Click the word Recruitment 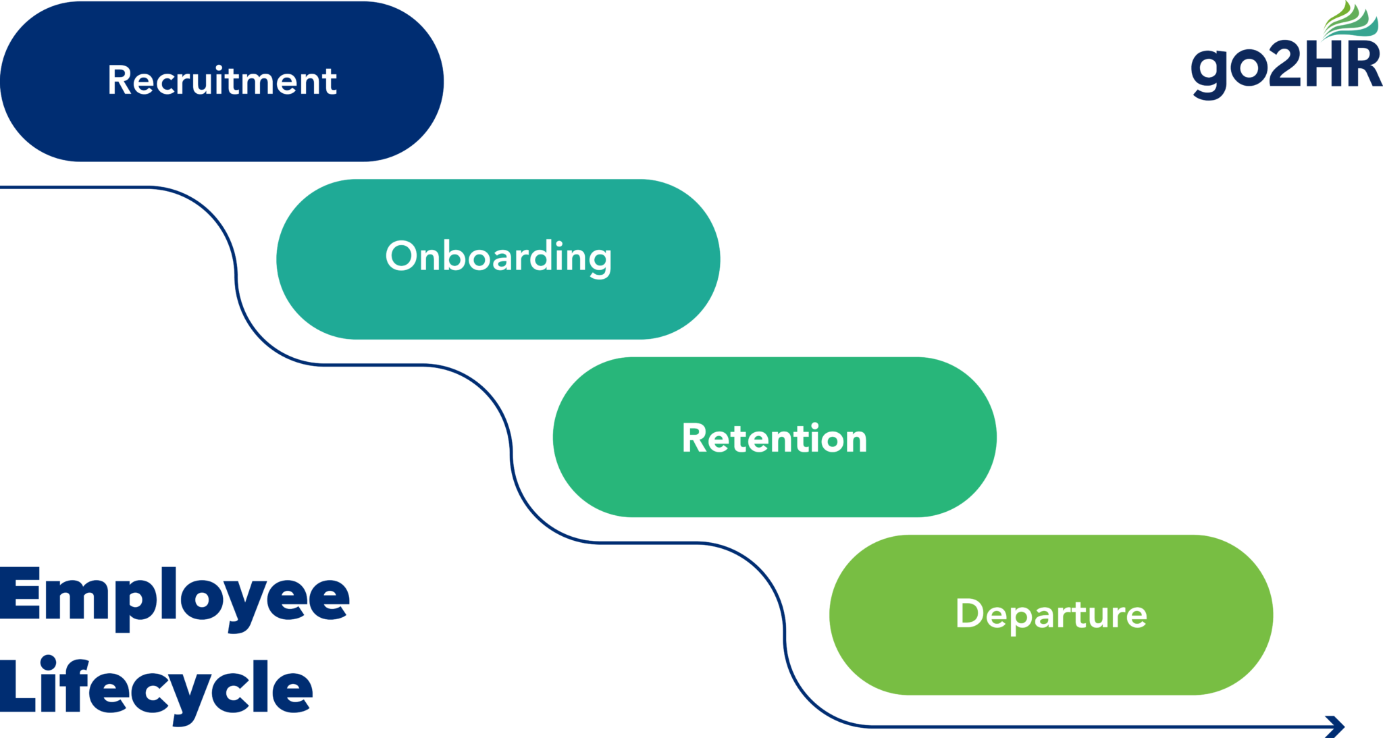click(221, 81)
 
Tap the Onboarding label click(498, 257)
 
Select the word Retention click(775, 438)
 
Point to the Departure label click(1051, 614)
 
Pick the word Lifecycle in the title click(155, 687)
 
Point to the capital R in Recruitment click(120, 80)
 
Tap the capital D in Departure click(970, 613)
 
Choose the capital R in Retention click(694, 438)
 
